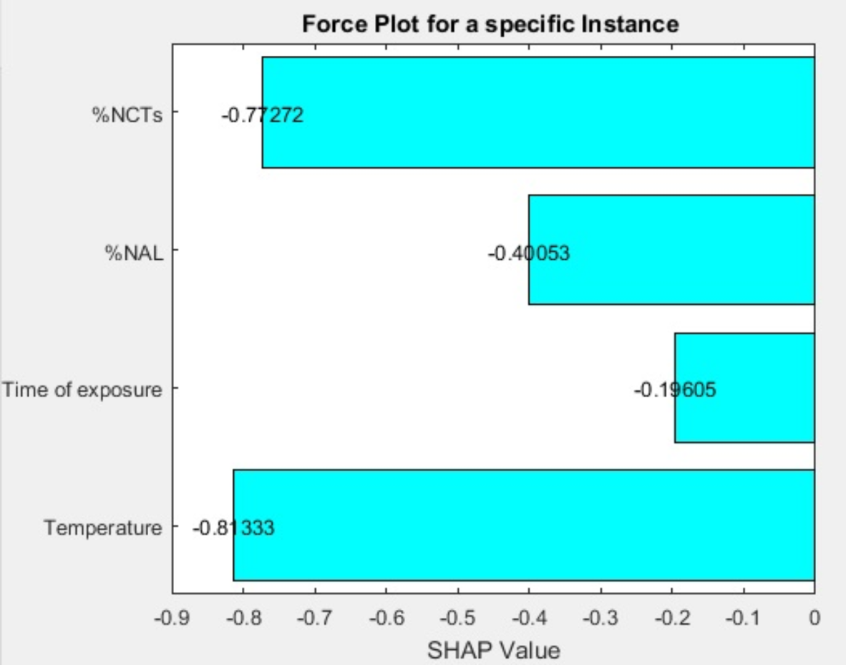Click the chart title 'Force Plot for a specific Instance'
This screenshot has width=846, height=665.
coord(490,24)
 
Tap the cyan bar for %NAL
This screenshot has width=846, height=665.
coord(671,250)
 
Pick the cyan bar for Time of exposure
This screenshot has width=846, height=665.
coord(744,387)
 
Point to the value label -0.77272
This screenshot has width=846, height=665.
coord(262,115)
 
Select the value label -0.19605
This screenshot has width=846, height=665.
coord(674,390)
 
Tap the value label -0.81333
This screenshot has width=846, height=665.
coord(233,528)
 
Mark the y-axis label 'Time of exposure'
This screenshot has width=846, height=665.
coord(82,391)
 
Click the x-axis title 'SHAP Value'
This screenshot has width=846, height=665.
coord(493,650)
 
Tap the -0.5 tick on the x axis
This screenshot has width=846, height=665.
coord(457,616)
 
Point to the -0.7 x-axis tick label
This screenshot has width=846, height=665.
coord(315,616)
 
